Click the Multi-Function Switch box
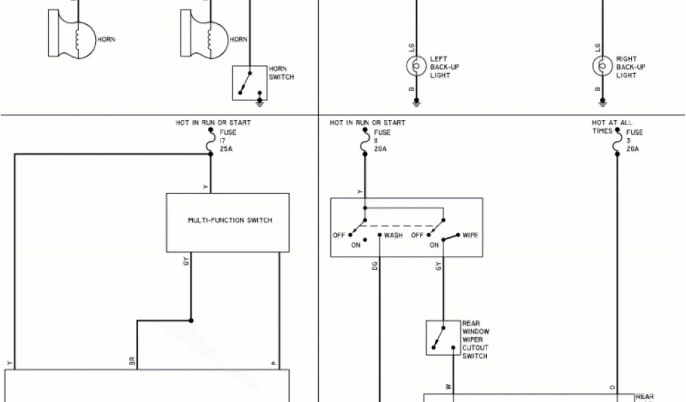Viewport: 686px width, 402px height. [x=228, y=222]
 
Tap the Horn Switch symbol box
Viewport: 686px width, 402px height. [x=249, y=83]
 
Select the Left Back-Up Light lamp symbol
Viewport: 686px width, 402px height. [x=416, y=66]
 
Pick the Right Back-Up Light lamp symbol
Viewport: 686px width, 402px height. [x=601, y=66]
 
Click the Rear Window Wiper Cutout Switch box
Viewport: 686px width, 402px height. [x=443, y=337]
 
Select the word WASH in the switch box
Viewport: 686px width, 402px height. [x=393, y=236]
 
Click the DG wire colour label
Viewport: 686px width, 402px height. [x=374, y=267]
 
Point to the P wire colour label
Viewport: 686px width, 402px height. [x=274, y=363]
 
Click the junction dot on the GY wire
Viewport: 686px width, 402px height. [x=191, y=320]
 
